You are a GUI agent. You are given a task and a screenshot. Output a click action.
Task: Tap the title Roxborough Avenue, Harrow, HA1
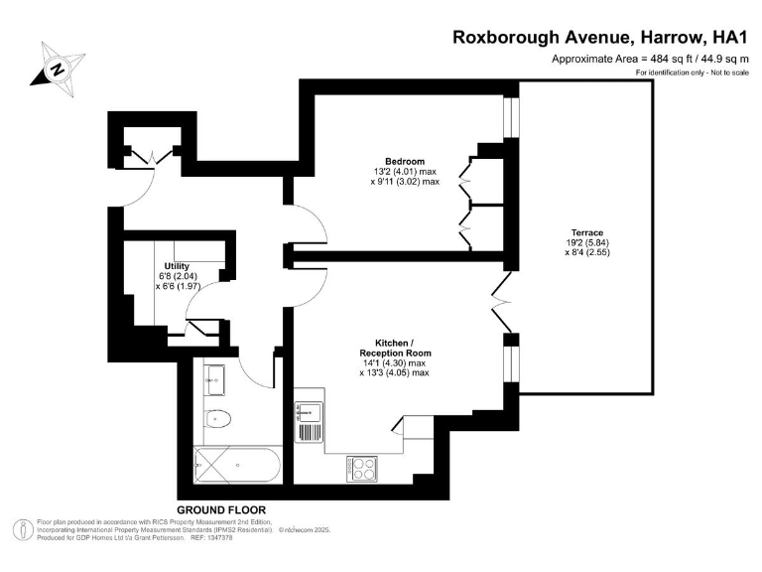598,38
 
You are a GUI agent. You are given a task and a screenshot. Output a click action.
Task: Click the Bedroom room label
405,162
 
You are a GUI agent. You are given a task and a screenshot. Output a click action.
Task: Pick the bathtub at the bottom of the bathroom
236,464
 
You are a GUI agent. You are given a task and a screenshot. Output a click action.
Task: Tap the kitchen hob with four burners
361,468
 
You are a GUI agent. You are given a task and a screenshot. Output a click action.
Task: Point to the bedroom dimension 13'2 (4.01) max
405,172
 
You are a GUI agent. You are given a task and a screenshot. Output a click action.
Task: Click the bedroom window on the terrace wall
511,117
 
